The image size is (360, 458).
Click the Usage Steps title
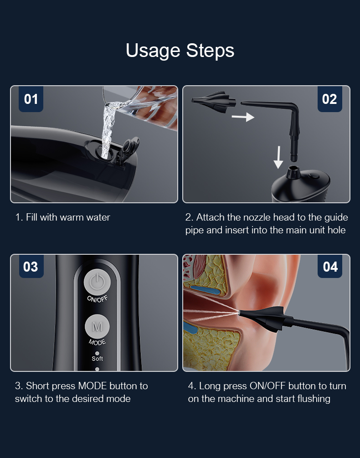(x=180, y=50)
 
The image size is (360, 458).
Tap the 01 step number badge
(x=31, y=99)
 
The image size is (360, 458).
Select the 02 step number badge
(x=329, y=99)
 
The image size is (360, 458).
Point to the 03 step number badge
(x=31, y=267)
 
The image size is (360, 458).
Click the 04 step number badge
(x=329, y=267)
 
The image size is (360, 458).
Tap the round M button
(x=97, y=327)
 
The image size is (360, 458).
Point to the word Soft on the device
(x=97, y=359)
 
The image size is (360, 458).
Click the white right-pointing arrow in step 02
(x=242, y=117)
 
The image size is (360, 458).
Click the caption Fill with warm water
(x=63, y=217)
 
